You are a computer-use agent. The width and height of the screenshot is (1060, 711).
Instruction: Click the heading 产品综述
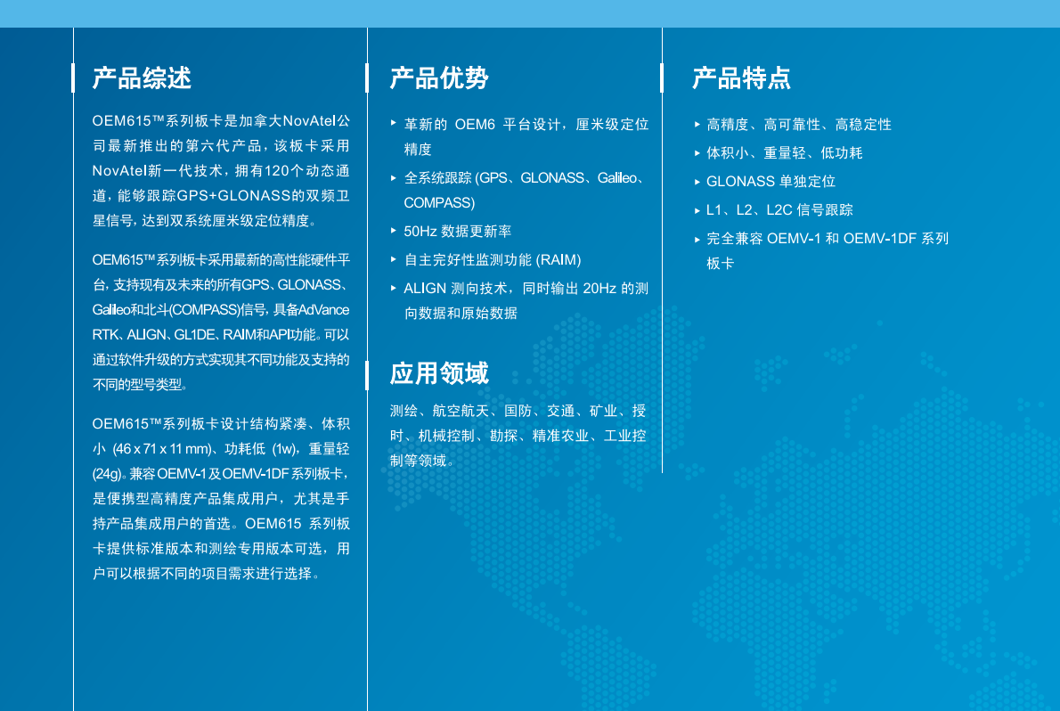point(142,78)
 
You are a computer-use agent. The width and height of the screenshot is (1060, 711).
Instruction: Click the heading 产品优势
point(439,78)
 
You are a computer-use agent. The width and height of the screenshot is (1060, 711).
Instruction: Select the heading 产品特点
point(742,78)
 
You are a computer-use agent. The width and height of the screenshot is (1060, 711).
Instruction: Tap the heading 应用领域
point(439,373)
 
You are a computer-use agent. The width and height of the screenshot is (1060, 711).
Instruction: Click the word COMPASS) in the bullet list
point(439,203)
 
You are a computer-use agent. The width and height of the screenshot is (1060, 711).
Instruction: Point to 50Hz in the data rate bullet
point(420,232)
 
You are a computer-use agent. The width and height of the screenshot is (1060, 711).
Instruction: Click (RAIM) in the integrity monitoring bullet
point(559,260)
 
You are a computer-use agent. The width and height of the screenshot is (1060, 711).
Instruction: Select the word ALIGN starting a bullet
point(425,288)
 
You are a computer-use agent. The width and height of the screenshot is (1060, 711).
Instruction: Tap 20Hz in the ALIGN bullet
point(599,288)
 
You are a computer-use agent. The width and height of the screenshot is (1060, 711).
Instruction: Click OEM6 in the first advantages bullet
point(476,125)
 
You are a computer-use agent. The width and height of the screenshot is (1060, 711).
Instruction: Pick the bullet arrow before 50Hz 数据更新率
point(394,231)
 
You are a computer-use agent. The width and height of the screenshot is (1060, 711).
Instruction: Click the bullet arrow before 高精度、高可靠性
point(697,125)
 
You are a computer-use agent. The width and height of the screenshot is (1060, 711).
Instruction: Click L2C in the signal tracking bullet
point(779,209)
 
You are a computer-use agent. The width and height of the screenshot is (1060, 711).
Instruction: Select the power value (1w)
point(285,449)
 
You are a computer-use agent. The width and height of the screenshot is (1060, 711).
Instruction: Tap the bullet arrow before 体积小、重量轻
point(697,153)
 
